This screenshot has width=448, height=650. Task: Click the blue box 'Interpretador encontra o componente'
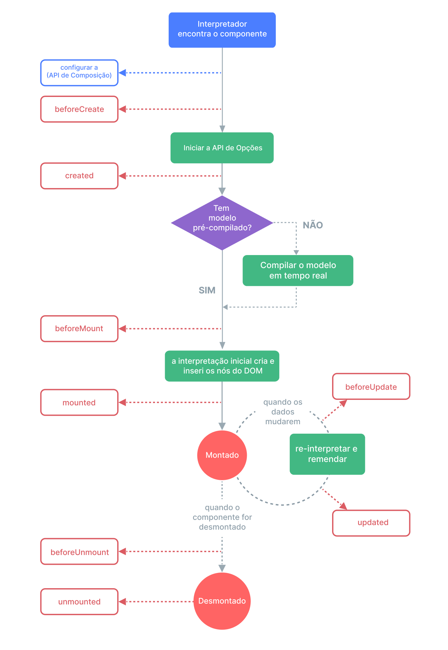[222, 30]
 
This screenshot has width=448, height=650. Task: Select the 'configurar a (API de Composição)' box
[79, 73]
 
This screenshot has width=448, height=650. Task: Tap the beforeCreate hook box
[79, 109]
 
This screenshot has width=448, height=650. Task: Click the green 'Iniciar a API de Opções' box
[222, 148]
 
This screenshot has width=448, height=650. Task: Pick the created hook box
[79, 176]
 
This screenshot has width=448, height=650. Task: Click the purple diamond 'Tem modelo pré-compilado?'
[222, 223]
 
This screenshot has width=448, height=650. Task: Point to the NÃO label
[313, 225]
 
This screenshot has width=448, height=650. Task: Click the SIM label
[207, 290]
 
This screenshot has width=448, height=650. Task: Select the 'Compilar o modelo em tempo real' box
[298, 271]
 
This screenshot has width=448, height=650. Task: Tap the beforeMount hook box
[79, 329]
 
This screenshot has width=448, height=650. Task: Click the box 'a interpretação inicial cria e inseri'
[222, 366]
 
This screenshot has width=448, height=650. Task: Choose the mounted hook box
[79, 402]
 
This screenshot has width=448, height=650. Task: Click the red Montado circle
[222, 455]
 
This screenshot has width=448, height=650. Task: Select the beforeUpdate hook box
[371, 386]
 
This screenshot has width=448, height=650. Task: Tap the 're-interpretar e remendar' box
[327, 454]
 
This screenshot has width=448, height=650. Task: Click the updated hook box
[371, 523]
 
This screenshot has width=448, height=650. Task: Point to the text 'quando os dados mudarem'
[283, 412]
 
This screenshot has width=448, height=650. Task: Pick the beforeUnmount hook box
[79, 552]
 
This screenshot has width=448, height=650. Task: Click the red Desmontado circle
[222, 601]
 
